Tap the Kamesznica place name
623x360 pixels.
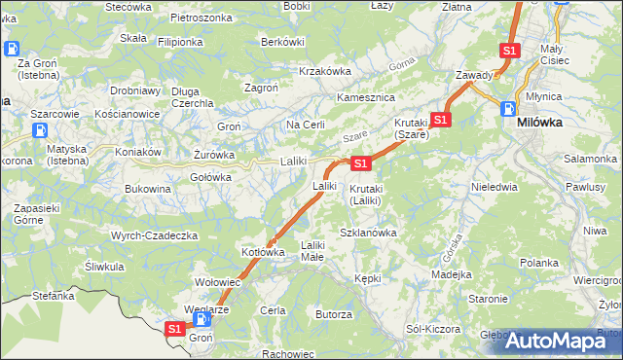(363, 98)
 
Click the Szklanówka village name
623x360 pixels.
(368, 233)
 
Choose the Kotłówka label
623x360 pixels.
(263, 252)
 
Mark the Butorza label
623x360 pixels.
(333, 314)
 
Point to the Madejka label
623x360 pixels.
(451, 273)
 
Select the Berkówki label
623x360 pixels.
(283, 42)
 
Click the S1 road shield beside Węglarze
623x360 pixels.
(174, 329)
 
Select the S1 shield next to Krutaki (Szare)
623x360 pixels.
(441, 120)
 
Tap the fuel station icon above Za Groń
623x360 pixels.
(12, 48)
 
